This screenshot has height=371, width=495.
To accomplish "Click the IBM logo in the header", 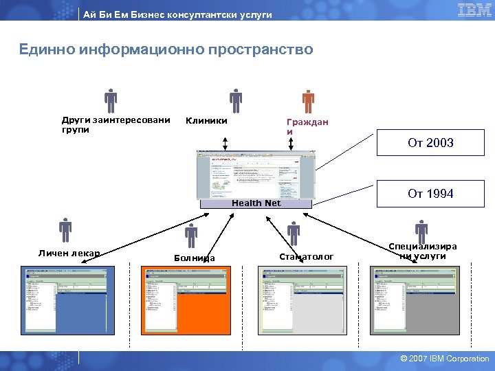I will pos(474,10).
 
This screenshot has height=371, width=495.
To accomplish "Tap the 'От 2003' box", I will pos(430,143).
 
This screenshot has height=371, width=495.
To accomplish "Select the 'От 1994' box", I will pos(430,194).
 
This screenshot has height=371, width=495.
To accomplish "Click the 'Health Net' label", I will pos(256,203).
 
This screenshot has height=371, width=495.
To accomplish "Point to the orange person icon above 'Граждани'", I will pos(308,101).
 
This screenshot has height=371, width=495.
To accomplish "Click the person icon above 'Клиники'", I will pos(236,101).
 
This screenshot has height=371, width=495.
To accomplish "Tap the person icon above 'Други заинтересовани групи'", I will pos(111,101).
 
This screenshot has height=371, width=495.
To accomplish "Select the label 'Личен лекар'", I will pos(69,254).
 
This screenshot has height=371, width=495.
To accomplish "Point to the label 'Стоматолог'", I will pos(306,256).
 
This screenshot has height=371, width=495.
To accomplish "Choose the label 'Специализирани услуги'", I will pos(422,251).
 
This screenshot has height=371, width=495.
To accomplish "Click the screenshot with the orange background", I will pos(186,300).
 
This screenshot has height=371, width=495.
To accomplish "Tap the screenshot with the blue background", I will pos(66,300).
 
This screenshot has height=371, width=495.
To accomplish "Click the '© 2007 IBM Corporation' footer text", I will pos(445,359).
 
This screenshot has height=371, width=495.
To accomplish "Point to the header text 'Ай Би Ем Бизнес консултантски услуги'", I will pos(177,14).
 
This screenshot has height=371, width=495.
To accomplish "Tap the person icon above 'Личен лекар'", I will pos(65,230).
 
